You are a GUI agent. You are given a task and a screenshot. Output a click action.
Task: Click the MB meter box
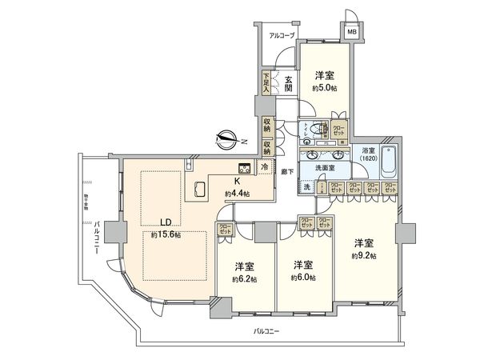350,32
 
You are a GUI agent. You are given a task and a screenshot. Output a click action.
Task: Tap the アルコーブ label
282,36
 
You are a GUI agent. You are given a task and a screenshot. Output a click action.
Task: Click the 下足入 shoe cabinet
266,82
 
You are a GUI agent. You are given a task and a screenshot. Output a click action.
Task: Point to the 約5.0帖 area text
323,88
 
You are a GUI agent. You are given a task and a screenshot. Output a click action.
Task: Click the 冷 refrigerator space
266,167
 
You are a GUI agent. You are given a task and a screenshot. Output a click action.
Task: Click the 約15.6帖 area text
166,235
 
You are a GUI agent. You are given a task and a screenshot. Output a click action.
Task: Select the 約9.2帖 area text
364,255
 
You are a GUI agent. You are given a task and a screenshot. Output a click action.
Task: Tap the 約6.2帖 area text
245,278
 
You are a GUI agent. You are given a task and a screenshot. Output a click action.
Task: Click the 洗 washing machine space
307,187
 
